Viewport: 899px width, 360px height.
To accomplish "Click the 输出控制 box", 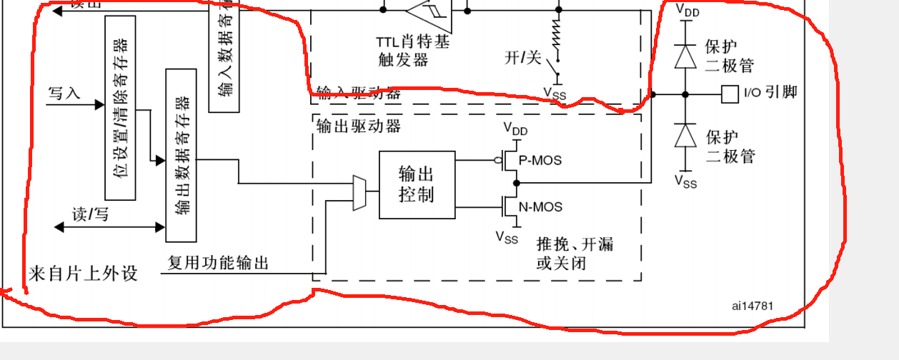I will point(417,184).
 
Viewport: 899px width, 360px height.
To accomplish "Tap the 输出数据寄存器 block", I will point(181,155).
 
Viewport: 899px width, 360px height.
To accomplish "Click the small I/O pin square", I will point(729,94).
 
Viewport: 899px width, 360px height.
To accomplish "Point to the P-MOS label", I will point(540,160).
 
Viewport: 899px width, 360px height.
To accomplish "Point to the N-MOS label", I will point(540,207).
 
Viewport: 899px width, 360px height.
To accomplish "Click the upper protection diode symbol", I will point(686,56).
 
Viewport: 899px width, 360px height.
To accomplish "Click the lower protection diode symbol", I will point(686,135).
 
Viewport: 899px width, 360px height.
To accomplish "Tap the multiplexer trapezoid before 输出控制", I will point(359,193).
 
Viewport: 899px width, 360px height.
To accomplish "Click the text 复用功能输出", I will point(218,263).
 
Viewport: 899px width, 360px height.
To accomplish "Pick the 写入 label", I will point(64,93).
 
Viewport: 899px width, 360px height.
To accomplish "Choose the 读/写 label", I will point(90,214).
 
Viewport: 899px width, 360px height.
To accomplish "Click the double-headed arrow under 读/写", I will point(110,227).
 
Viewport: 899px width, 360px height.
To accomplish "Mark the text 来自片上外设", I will point(83,274).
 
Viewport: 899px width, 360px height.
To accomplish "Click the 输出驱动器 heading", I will point(359,126).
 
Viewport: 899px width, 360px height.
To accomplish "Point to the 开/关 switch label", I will point(523,58).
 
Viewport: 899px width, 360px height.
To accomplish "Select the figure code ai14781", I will point(752,306).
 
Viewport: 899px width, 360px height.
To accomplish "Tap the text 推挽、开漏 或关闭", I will point(575,254).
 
